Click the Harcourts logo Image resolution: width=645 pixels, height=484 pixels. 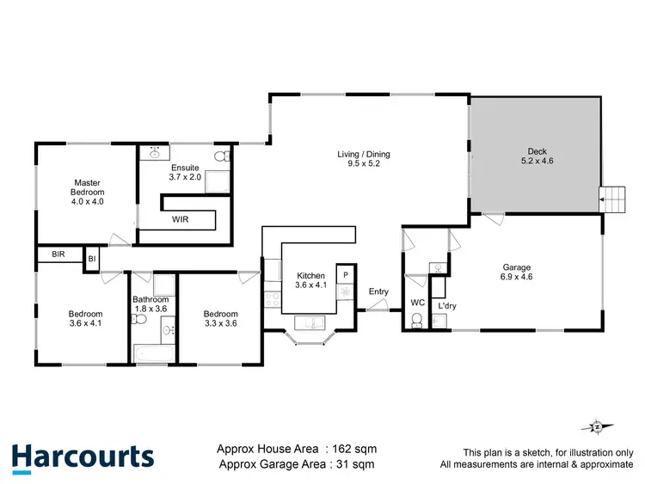tap(83, 456)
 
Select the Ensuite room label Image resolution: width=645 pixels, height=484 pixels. tap(185, 172)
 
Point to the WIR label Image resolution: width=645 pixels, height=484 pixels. tap(181, 220)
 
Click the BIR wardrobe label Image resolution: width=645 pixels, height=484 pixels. tap(58, 255)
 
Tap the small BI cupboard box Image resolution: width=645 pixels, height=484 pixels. tap(91, 256)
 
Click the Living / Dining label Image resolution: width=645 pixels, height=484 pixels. tap(363, 159)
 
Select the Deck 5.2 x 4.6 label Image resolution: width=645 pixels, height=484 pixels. tap(533, 156)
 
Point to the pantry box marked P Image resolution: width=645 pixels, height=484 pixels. tap(345, 274)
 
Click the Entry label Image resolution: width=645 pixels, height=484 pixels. tap(378, 292)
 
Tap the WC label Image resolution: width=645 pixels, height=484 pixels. tap(417, 303)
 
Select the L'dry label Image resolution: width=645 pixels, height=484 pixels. tap(446, 306)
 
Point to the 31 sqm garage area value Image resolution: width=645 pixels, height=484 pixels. tap(354, 465)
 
